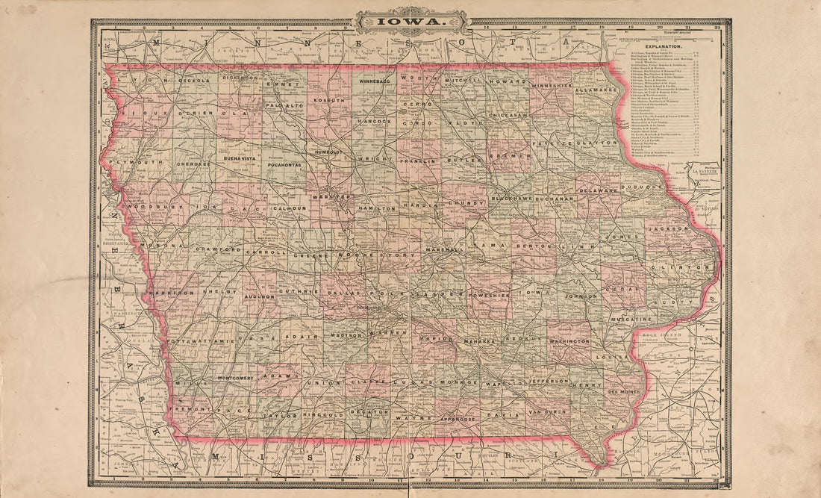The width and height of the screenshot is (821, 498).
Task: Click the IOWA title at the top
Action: (412, 22)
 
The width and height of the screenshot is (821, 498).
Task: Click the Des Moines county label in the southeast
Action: (625, 391)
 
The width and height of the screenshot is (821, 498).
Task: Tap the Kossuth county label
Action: (329, 100)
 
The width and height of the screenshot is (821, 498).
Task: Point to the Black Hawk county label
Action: (511, 199)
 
